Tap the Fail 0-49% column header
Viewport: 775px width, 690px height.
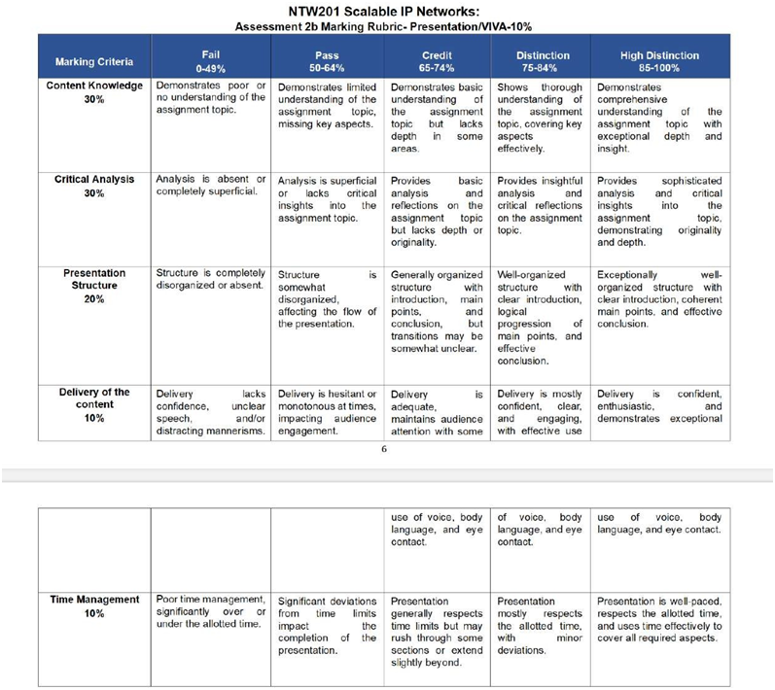point(209,61)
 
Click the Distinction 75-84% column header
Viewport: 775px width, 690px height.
point(543,61)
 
